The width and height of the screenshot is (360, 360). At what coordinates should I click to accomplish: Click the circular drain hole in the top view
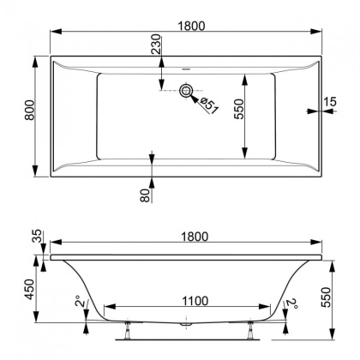pyautogui.click(x=187, y=91)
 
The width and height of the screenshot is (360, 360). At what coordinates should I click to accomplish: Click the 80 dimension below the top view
pyautogui.click(x=146, y=194)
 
